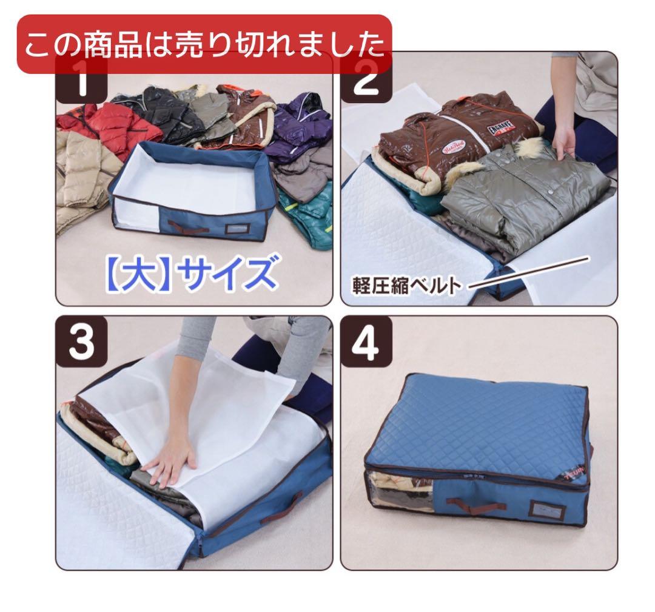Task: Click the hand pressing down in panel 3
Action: coord(171,464)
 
